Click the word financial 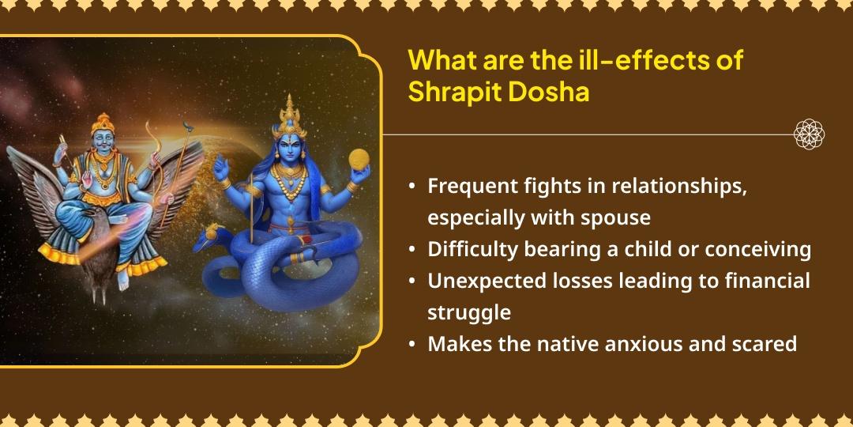click(769, 281)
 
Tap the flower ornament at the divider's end click(809, 134)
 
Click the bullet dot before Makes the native click(413, 345)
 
